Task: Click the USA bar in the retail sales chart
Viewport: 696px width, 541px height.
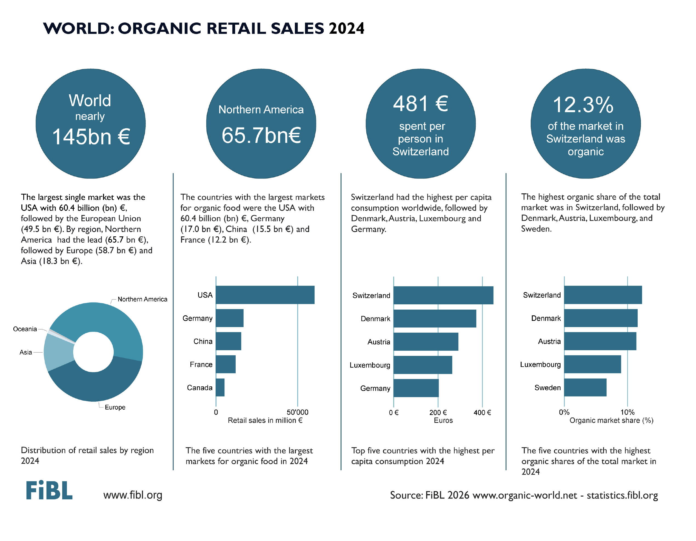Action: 265,295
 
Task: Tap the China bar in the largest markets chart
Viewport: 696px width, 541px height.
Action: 228,341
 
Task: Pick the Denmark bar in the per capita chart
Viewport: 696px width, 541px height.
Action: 435,318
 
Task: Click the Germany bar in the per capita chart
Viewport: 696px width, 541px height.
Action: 416,388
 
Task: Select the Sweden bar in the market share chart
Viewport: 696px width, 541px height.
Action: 585,387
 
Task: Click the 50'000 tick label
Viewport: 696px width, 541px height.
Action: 297,412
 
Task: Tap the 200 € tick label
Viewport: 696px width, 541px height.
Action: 438,412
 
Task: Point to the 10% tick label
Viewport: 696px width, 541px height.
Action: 627,412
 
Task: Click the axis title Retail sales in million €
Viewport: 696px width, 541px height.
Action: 265,420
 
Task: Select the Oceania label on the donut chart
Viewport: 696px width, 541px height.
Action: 25,329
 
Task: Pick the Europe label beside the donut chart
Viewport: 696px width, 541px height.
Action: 115,407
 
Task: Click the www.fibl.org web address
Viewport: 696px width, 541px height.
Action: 133,495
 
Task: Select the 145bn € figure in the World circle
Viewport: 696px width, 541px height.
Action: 91,137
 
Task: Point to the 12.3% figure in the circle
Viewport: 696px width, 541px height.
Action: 583,105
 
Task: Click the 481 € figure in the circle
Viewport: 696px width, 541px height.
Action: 420,104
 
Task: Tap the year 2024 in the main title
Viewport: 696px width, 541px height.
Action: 346,29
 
